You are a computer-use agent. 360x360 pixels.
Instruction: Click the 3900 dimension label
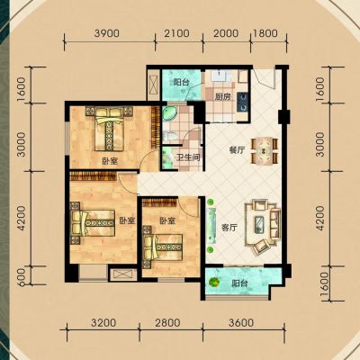click(106, 33)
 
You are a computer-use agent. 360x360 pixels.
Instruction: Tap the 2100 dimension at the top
click(177, 33)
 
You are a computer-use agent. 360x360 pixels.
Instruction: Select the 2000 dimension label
click(227, 33)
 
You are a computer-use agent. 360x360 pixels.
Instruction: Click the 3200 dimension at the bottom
click(103, 323)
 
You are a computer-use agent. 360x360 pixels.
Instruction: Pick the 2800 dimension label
click(168, 323)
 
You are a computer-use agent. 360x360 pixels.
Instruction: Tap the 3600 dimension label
click(241, 323)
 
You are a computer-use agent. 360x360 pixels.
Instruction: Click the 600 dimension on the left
click(22, 277)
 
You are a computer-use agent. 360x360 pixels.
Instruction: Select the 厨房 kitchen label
click(223, 97)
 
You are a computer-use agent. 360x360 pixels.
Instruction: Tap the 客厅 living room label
click(229, 228)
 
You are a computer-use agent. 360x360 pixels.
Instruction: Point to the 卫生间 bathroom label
click(188, 157)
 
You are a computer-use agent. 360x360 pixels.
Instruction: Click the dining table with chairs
click(264, 150)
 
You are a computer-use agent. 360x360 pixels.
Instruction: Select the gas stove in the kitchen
click(242, 102)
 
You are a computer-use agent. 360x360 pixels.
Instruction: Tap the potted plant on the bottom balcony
click(214, 282)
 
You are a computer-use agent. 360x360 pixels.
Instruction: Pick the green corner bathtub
click(169, 114)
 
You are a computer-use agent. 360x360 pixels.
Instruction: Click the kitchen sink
click(220, 76)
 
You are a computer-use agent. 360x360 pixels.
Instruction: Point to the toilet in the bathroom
click(170, 136)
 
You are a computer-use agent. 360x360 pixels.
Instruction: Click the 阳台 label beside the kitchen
click(181, 82)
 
